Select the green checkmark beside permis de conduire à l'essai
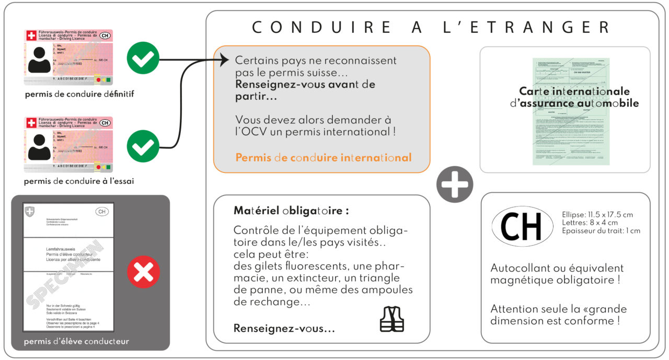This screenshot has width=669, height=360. point(143,146)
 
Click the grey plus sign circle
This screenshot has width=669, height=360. point(455,184)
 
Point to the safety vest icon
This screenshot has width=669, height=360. point(391,319)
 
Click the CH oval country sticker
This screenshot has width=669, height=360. point(522,226)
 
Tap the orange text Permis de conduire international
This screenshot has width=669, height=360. point(324,157)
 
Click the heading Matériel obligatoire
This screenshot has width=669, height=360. point(291,212)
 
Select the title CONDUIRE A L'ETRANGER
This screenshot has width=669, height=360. point(431,27)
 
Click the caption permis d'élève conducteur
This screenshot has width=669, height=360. point(76,342)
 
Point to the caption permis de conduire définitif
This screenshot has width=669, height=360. point(79,95)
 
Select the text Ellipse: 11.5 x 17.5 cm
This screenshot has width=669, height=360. point(597,215)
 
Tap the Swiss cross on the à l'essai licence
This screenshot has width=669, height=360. point(31,123)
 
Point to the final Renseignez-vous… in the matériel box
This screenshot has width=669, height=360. point(284,329)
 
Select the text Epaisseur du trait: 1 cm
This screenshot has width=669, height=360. point(601,230)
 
